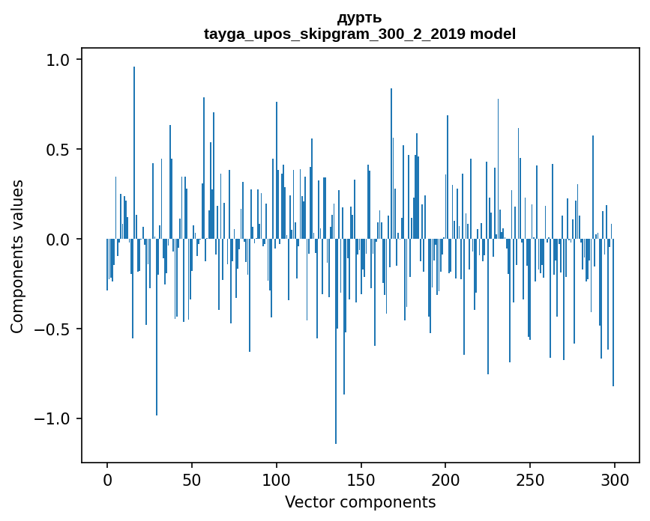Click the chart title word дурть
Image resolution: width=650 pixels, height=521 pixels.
pos(360,18)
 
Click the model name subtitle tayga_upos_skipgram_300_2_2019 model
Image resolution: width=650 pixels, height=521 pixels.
pos(360,34)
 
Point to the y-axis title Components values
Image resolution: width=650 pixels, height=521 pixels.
pos(16,256)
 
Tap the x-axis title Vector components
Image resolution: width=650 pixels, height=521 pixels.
pos(360,502)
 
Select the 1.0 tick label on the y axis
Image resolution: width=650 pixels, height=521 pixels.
pos(58,60)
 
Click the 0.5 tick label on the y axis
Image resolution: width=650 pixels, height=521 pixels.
pos(58,150)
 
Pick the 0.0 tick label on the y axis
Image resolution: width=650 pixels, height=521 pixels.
pos(58,240)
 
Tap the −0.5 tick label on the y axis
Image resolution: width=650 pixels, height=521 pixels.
pos(52,329)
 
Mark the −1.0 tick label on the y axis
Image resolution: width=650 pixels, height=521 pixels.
pos(52,418)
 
